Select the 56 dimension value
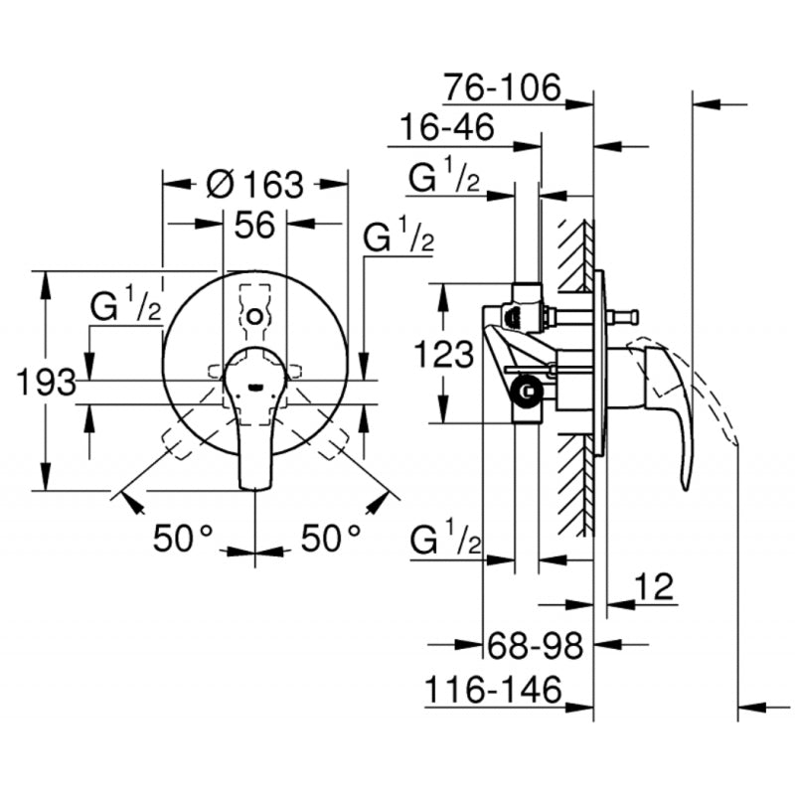click(x=254, y=227)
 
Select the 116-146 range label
click(x=494, y=689)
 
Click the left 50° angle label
click(x=183, y=539)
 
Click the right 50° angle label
click(x=331, y=539)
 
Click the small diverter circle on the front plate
click(x=255, y=317)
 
